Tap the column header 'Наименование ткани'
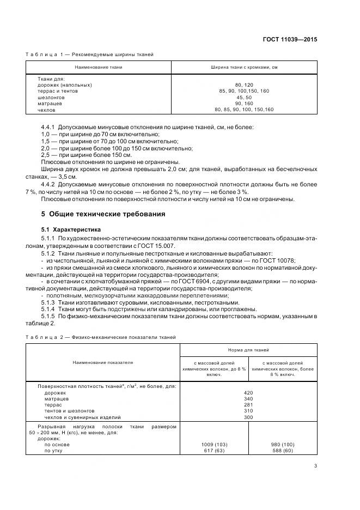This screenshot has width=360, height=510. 98,66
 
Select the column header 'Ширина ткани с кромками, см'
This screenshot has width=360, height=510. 244,66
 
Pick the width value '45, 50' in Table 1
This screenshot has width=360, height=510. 244,98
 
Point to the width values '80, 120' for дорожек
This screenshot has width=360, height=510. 244,85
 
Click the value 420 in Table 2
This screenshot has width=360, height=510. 248,392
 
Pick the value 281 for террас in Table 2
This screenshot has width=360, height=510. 248,405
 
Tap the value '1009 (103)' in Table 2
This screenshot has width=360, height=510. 214,445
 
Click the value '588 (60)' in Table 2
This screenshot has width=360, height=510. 282,451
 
